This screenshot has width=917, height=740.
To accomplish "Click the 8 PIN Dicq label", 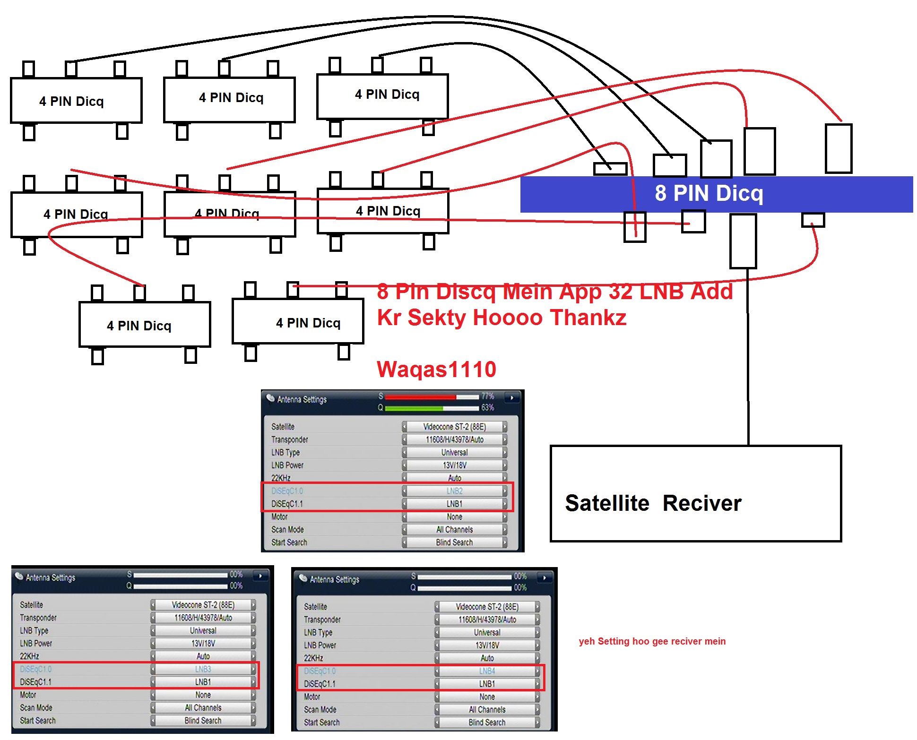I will (x=709, y=193).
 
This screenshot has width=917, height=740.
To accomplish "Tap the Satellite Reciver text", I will (x=653, y=503).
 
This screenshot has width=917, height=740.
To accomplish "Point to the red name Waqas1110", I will (x=436, y=370).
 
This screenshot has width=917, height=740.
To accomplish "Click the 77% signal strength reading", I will (x=488, y=396).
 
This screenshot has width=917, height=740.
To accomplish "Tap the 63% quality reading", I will (x=488, y=407).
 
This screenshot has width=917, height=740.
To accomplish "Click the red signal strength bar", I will (x=421, y=396).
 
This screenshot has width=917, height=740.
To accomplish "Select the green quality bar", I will (x=414, y=408).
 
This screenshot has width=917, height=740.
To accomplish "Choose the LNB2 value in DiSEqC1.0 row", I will (x=454, y=491).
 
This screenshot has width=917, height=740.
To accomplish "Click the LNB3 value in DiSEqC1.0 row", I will (x=203, y=669).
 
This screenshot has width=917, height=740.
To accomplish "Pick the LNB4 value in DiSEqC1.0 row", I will (x=487, y=671).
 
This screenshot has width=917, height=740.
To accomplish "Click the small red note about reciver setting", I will (x=652, y=641).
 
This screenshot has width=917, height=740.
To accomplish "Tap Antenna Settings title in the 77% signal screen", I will (x=302, y=399).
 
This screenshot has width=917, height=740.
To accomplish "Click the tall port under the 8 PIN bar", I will (x=743, y=241).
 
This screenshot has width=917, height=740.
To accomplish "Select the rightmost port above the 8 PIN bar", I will (x=839, y=149).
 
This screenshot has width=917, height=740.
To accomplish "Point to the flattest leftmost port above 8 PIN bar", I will (x=610, y=169).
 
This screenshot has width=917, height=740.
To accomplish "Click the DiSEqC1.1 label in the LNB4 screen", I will (x=320, y=684).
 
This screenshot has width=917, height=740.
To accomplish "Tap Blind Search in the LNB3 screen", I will (x=203, y=721).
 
